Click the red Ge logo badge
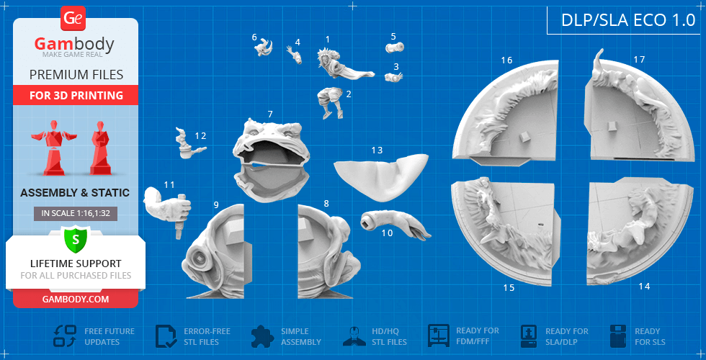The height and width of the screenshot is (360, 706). tap(73, 19)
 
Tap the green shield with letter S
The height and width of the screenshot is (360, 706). tap(75, 240)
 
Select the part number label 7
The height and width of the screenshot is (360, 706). tap(269, 114)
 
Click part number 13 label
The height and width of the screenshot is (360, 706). tap(377, 150)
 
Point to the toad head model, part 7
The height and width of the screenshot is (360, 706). tap(272, 160)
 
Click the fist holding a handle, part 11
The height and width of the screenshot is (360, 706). tap(167, 208)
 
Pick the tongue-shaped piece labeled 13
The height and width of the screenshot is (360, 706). tap(381, 177)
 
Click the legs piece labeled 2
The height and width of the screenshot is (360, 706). tap(329, 102)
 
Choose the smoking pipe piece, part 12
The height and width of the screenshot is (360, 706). tap(188, 145)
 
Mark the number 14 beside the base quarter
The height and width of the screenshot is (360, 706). tap(644, 287)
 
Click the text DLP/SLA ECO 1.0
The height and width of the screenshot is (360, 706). tap(628, 20)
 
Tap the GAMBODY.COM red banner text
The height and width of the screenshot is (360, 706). tap(76, 300)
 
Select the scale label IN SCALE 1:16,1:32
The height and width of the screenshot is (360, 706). tap(76, 214)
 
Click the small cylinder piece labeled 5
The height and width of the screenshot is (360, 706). tap(395, 47)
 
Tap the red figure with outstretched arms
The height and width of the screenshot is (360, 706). tap(53, 147)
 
